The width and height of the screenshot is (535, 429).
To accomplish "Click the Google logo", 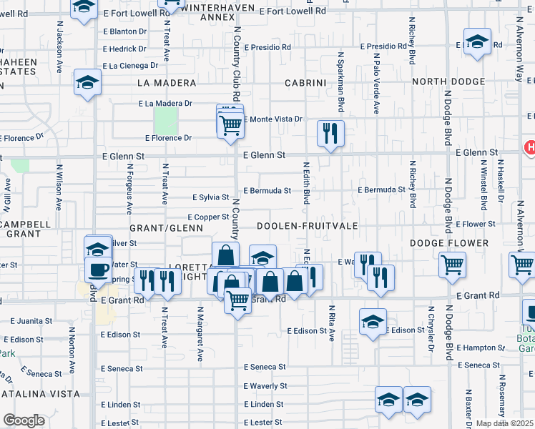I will pyautogui.click(x=24, y=420).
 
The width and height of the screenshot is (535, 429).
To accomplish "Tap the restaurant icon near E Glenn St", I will pyautogui.click(x=330, y=133).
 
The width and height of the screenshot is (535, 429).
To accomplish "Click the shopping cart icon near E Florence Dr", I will pyautogui.click(x=230, y=125).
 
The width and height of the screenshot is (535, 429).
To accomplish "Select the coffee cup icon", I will pyautogui.click(x=99, y=270).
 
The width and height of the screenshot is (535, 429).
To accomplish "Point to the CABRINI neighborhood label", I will pyautogui.click(x=305, y=83).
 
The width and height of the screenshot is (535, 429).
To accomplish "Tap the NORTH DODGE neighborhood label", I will pyautogui.click(x=448, y=82).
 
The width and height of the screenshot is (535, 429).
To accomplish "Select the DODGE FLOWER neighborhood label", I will pyautogui.click(x=449, y=244).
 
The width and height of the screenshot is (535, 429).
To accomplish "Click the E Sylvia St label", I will pyautogui.click(x=210, y=197).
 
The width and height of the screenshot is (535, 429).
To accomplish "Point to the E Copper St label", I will pyautogui.click(x=207, y=217).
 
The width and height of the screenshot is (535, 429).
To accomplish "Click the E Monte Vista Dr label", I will pyautogui.click(x=274, y=119).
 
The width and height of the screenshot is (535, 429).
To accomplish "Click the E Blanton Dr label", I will pyautogui.click(x=124, y=31).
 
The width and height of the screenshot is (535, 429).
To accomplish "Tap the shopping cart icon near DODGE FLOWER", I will pyautogui.click(x=453, y=265).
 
